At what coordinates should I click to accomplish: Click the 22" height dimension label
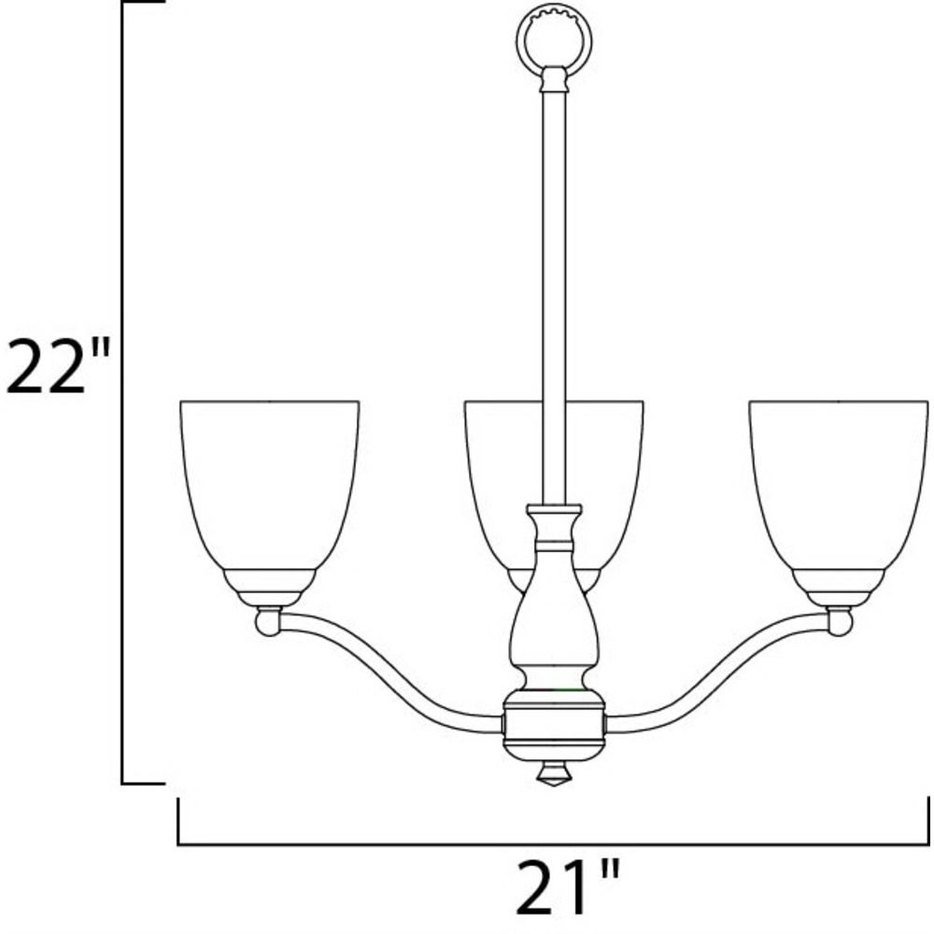click(58, 365)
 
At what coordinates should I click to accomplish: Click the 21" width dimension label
click(567, 887)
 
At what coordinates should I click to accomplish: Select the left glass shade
click(269, 485)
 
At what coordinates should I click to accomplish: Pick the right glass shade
click(839, 485)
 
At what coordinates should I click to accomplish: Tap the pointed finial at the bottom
click(554, 774)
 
